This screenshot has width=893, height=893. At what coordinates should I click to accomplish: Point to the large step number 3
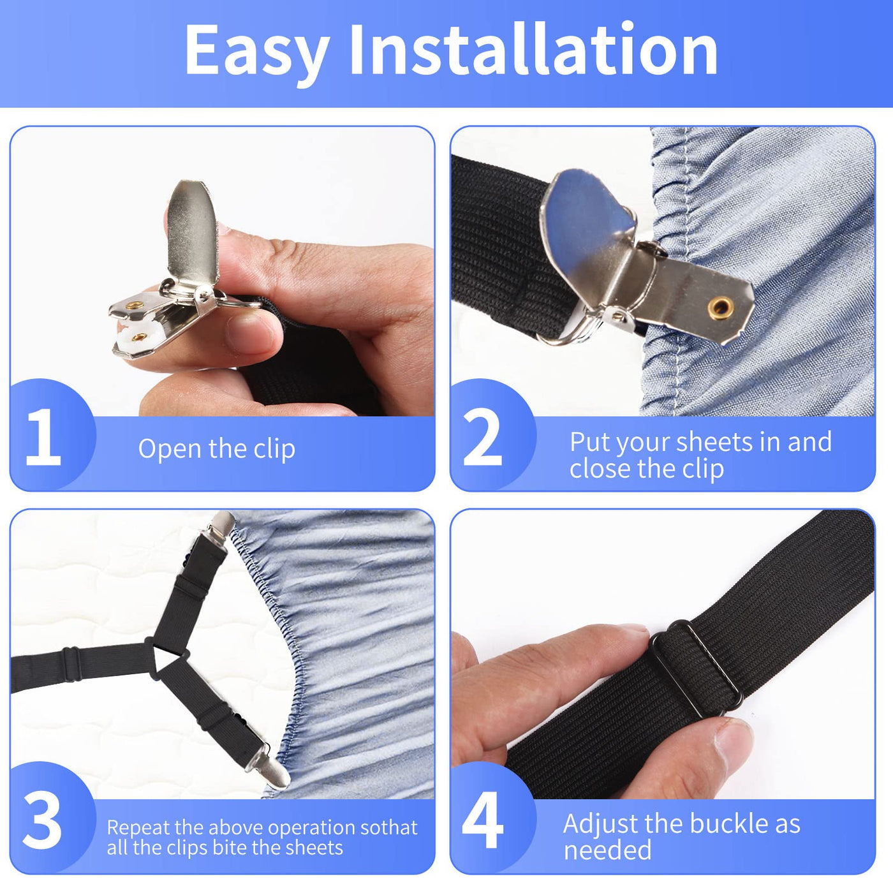42,821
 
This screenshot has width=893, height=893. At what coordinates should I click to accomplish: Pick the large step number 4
482,820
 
